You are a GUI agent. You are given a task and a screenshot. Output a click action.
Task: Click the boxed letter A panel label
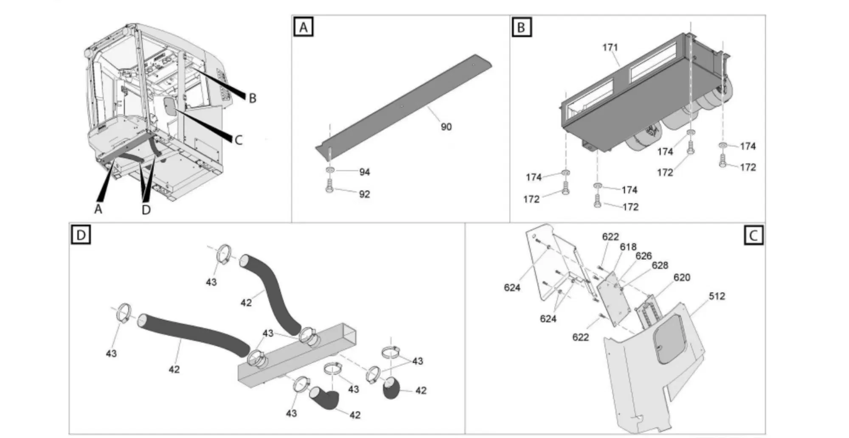pos(304,27)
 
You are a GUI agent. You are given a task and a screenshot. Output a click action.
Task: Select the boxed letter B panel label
pos(521,27)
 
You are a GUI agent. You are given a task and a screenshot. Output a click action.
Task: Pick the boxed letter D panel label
pos(81,235)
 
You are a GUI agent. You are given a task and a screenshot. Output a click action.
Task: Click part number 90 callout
pos(446,127)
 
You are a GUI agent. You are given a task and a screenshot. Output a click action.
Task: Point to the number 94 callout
pos(365,172)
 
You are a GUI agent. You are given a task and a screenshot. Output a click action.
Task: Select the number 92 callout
pos(365,194)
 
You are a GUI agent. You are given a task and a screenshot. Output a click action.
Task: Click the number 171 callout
pos(610,48)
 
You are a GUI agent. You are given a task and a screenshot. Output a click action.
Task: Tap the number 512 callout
pos(717,296)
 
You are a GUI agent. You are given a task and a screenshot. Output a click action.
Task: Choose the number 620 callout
pos(682,278)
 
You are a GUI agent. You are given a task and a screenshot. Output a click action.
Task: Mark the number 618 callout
pos(628,247)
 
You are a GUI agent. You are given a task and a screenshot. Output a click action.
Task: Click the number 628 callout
pos(660,265)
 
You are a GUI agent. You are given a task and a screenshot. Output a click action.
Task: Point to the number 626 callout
pos(644,256)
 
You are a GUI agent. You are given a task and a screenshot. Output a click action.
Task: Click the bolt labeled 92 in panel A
pos(329,186)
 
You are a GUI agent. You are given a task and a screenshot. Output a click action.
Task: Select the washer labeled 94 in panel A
pos(330,171)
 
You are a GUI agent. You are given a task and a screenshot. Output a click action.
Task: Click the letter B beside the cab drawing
pos(253,98)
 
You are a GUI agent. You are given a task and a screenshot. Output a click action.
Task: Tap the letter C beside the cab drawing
pos(239,140)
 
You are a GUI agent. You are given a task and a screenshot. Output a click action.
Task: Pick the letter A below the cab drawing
pos(98,209)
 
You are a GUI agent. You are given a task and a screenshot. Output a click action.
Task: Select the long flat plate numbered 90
pos(403,104)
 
